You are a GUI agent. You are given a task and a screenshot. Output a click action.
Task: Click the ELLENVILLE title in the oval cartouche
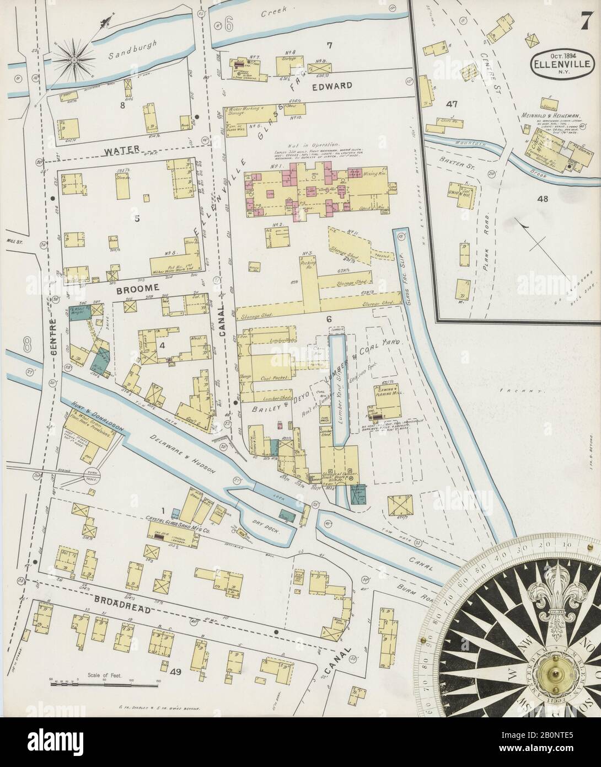point(562,64)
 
